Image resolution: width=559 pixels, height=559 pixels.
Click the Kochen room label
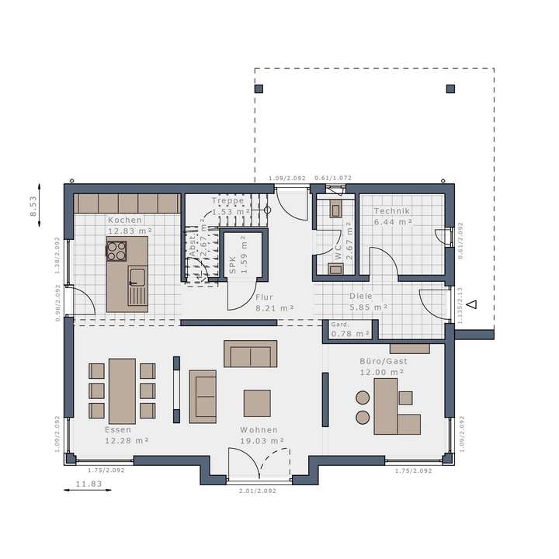pos(125,220)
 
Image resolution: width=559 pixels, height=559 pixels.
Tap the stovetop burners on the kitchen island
pos(116,250)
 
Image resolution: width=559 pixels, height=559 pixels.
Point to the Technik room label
pos(391,211)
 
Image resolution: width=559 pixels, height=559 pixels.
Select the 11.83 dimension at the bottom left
pos(88,484)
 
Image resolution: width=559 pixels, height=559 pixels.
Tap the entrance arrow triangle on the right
pos(471,304)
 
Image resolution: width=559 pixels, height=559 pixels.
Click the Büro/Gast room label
pos(383,362)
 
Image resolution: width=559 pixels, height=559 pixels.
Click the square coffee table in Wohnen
pos(257,403)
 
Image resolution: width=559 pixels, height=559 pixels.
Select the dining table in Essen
pos(122,390)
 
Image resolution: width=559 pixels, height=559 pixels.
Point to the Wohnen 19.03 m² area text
pos(259,440)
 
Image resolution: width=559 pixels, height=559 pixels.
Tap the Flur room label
pos(264,297)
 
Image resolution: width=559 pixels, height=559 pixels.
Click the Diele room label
pos(360,296)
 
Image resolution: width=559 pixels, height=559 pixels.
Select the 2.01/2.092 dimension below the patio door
pos(256,491)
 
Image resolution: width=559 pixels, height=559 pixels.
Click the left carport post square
pos(259,89)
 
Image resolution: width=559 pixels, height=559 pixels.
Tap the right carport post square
pos(450,89)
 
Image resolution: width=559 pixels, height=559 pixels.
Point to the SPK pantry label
pos(231,266)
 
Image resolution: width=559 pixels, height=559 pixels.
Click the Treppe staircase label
pos(228,200)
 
